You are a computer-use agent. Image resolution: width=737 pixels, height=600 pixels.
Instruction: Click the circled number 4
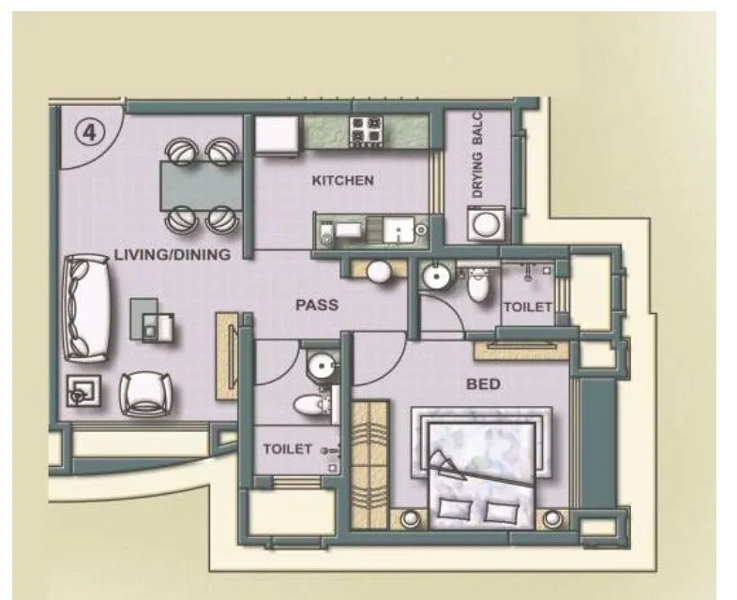pos(89,132)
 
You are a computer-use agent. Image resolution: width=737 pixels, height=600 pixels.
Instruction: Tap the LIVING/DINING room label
pos(172,254)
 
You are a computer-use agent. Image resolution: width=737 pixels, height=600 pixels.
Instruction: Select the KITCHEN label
pos(342,181)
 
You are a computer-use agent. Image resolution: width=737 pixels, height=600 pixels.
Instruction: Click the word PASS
pos(316,305)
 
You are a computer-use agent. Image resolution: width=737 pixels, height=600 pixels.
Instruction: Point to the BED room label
pos(482,383)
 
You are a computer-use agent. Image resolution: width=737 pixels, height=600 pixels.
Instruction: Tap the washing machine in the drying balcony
pos(486,224)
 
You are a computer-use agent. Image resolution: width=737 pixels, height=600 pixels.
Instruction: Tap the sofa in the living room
pos(86,307)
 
